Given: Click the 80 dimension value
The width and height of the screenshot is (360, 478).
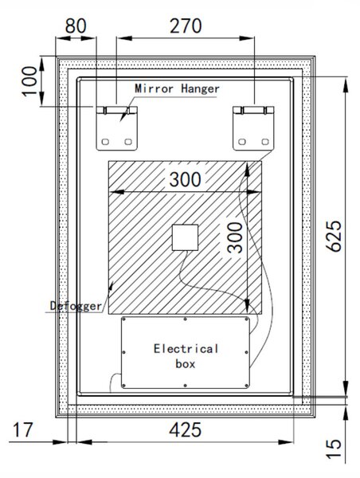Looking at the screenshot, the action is [76, 25].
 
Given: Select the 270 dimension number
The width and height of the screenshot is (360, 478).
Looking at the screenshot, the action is [186, 25].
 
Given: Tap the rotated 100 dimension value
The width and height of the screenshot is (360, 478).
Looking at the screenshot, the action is [29, 81].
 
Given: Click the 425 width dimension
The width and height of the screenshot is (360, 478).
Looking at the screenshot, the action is [186, 429].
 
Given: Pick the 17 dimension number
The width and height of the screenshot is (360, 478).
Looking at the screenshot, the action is [22, 429].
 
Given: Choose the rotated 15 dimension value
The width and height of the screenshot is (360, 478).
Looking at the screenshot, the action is [334, 449].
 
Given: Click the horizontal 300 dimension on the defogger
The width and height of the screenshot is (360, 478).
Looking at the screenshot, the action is [185, 179].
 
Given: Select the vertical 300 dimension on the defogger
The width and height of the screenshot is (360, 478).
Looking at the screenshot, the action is [235, 237].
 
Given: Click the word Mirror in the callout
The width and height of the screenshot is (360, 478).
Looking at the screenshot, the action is [154, 88].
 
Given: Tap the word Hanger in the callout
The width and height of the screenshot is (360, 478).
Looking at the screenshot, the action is [200, 89].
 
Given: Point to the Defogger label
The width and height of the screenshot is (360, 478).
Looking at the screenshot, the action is [76, 306].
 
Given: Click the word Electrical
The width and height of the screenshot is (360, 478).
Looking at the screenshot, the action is [186, 349].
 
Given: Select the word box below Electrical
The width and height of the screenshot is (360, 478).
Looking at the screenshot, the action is [186, 364].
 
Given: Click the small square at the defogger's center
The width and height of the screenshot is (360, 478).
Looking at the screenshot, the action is [185, 237].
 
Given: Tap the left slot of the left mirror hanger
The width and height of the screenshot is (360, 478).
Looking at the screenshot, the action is [105, 142].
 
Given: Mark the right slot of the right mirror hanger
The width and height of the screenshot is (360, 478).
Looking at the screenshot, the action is [265, 142].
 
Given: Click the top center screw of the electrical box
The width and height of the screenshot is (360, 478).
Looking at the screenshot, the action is [185, 319].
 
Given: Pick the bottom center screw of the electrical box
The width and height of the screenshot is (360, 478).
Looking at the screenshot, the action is [185, 386].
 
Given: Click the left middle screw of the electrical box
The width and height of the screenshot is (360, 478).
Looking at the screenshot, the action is [123, 352].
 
